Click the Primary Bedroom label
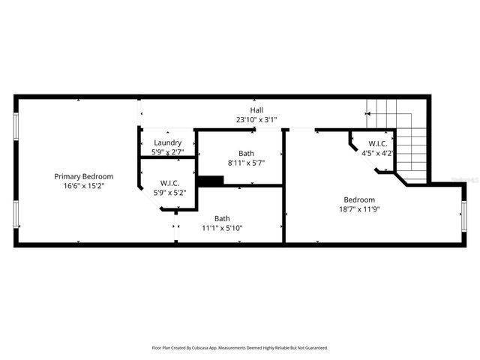tap(79, 176)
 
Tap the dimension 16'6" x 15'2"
tap(79, 185)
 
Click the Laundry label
tap(167, 142)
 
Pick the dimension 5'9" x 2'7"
tap(167, 151)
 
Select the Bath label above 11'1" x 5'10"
tap(222, 218)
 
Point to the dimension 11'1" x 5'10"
tap(222, 228)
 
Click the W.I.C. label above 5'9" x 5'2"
tap(169, 182)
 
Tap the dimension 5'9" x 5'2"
tap(169, 192)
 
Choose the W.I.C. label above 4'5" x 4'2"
tap(377, 143)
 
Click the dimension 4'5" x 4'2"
tap(377, 153)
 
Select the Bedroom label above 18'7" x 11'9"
tap(359, 199)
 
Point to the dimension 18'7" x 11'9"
tap(359, 209)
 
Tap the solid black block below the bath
tap(210, 180)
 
